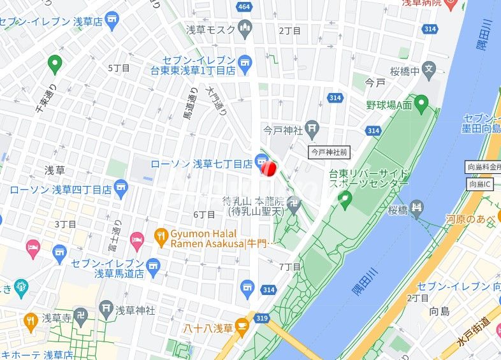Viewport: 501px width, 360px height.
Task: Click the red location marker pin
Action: [268, 168]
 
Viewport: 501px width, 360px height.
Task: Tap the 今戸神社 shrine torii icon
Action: [312, 130]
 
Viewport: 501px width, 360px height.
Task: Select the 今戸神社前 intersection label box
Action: [330, 152]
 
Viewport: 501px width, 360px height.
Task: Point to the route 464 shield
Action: [243, 6]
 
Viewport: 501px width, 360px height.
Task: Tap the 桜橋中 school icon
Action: [429, 69]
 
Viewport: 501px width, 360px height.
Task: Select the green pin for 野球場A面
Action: [421, 102]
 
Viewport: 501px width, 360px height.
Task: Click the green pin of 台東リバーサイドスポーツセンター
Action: [345, 201]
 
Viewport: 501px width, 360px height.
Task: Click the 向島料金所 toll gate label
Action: [483, 168]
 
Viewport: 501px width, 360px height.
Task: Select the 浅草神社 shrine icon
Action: [106, 310]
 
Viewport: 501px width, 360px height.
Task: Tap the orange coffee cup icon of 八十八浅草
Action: [242, 328]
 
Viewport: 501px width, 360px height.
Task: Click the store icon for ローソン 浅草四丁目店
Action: [122, 189]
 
